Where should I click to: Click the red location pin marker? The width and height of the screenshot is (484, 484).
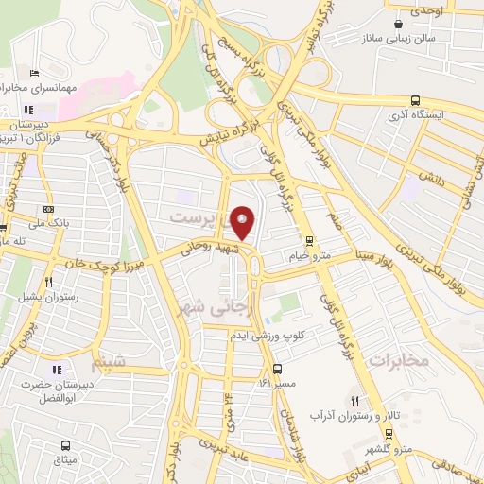(x=243, y=223)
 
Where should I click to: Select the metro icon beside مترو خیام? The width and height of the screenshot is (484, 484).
(x=308, y=242)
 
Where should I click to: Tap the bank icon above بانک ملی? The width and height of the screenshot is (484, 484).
(x=49, y=210)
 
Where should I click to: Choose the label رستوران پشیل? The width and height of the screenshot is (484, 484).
(x=44, y=296)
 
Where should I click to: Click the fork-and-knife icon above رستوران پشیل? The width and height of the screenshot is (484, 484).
(x=47, y=282)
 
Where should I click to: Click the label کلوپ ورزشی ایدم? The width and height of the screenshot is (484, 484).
(x=268, y=336)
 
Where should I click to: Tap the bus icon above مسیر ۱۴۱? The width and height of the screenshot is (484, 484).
(x=277, y=370)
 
